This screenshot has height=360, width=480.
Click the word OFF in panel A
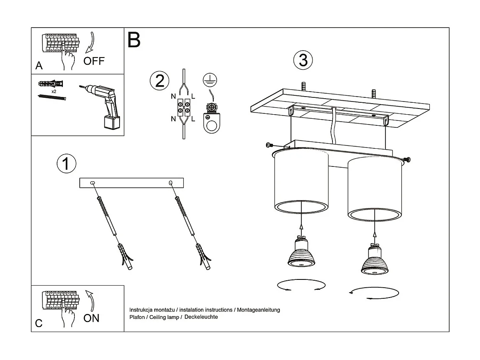tap(94, 61)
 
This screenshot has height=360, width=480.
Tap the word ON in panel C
tap(91, 318)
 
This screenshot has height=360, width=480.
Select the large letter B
tap(134, 39)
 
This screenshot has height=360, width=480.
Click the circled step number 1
tap(66, 164)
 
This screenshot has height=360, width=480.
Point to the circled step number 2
tap(159, 80)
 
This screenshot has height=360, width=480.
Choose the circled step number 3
tap(303, 60)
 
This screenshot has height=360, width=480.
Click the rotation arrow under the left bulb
tap(301, 285)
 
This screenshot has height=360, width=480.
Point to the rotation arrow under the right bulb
tap(374, 293)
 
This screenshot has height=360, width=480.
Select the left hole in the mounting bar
tap(92, 183)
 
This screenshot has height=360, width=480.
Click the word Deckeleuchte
tap(201, 317)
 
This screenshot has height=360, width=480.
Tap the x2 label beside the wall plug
tap(54, 91)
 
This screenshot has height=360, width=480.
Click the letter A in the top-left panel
tap(39, 66)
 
